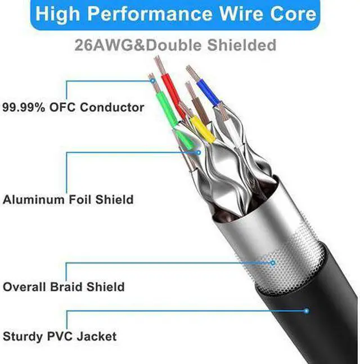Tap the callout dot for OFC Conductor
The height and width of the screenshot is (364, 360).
click(x=153, y=81)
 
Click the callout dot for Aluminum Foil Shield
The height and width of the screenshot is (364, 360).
click(x=198, y=151)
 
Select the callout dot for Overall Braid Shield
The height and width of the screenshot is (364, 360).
click(x=273, y=262)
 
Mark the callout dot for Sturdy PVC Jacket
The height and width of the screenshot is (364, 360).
click(x=307, y=310)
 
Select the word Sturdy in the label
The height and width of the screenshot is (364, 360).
click(x=22, y=336)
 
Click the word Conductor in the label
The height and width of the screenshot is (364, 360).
click(x=112, y=107)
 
